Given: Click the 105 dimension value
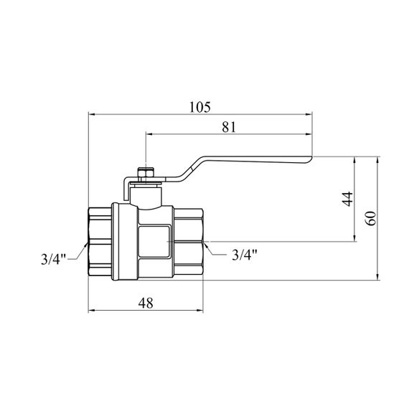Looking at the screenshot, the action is coord(199,107).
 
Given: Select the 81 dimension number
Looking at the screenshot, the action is coord(229,127).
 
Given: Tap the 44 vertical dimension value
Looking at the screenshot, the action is coord(347,199).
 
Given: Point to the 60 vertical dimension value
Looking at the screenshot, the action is coord(371,218).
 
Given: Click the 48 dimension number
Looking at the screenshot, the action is coord(146,303).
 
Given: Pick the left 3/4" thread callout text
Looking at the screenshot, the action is coord(53,259).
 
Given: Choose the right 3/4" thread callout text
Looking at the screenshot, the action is coord(245,255).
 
